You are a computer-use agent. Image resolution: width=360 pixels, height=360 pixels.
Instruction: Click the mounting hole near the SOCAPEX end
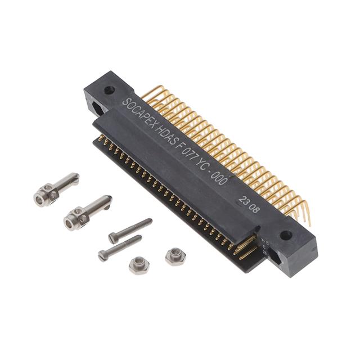point(109,89)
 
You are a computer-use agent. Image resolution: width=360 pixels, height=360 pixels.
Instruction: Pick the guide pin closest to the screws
point(87,211)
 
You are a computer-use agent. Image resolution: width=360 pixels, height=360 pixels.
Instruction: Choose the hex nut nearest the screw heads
point(137,264)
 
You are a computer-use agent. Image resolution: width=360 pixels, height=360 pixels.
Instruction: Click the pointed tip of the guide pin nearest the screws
point(109,199)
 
